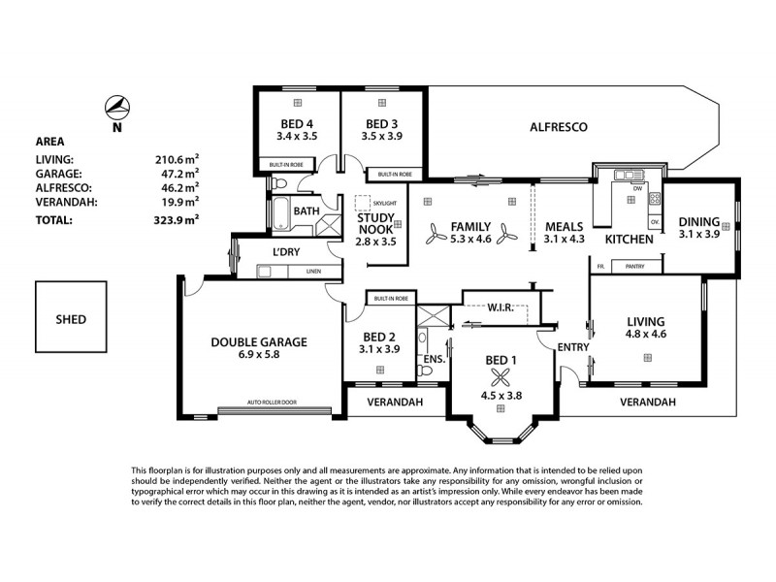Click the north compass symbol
(117, 106)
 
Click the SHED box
(71, 319)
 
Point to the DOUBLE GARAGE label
(259, 341)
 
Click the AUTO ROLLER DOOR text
(271, 402)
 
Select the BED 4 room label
(297, 123)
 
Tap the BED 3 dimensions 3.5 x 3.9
(382, 137)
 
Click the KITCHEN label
(628, 239)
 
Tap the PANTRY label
(635, 266)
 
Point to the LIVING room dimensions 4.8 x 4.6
(645, 334)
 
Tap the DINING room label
(698, 220)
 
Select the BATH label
(307, 210)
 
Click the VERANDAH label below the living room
(647, 402)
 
